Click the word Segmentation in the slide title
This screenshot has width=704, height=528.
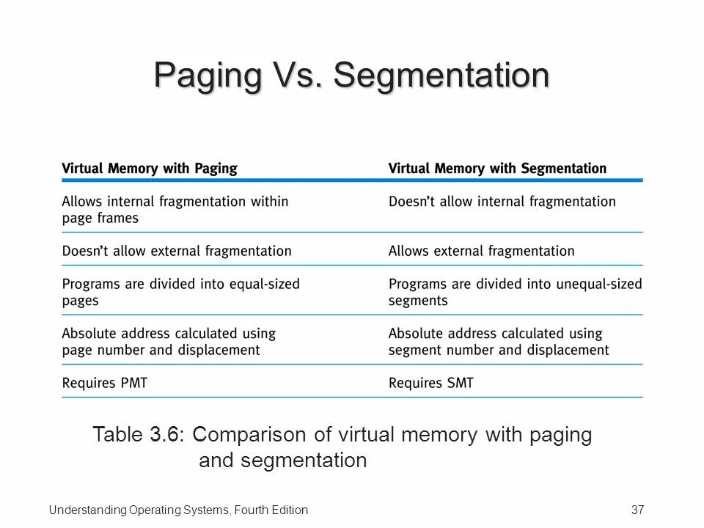(442, 76)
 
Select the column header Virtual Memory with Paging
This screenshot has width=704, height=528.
(150, 169)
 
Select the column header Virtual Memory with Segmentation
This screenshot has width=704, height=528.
(497, 169)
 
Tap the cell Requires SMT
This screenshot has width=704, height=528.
(431, 382)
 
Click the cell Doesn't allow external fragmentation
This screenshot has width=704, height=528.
(176, 251)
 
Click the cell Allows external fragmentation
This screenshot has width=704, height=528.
(481, 251)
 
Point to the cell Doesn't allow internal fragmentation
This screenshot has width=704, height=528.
(502, 201)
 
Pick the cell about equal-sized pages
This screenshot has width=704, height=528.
(180, 292)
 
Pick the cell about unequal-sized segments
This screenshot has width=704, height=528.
(515, 292)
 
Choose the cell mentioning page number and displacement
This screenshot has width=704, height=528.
(169, 341)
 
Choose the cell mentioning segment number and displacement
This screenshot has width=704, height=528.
(499, 341)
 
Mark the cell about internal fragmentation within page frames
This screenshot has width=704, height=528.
(175, 209)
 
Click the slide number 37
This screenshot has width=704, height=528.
(637, 510)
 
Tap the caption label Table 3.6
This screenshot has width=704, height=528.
(137, 435)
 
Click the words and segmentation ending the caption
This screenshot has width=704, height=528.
(282, 461)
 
